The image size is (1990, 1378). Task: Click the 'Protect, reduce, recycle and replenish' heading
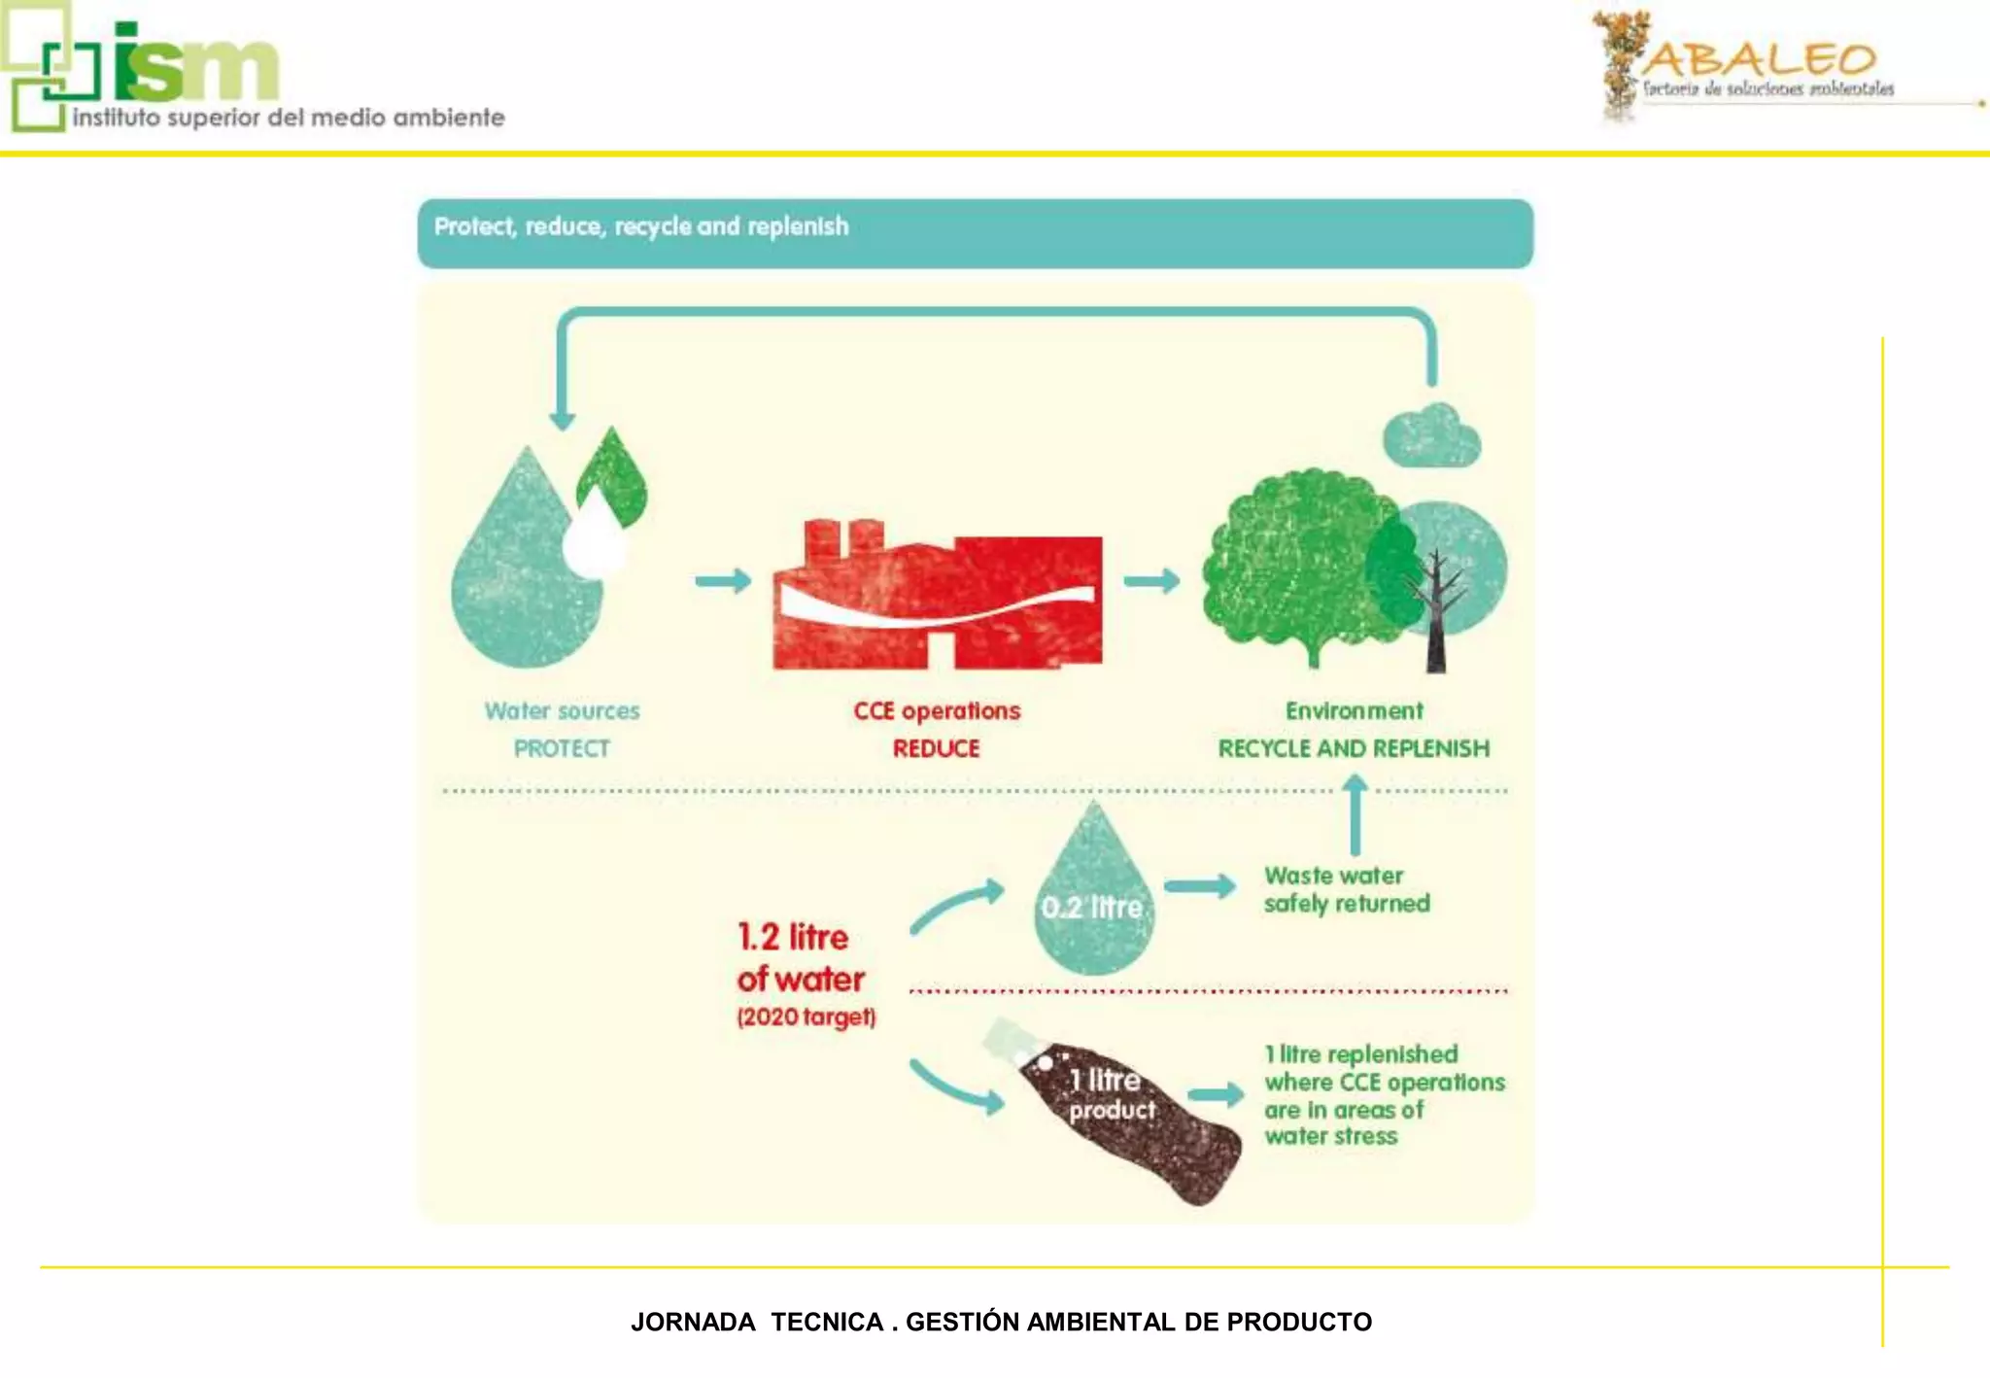click(641, 227)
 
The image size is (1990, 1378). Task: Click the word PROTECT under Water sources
click(562, 749)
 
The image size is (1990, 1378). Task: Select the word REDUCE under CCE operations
click(936, 749)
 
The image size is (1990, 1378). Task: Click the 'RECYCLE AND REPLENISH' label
click(1354, 749)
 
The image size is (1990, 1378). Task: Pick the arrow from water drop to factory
click(723, 581)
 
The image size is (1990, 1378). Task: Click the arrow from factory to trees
click(1151, 581)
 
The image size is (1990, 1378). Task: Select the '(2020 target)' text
click(806, 1017)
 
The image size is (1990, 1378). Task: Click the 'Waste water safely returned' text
click(1346, 890)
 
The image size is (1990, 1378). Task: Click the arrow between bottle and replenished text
click(1216, 1095)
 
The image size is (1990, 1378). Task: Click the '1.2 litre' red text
click(793, 937)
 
